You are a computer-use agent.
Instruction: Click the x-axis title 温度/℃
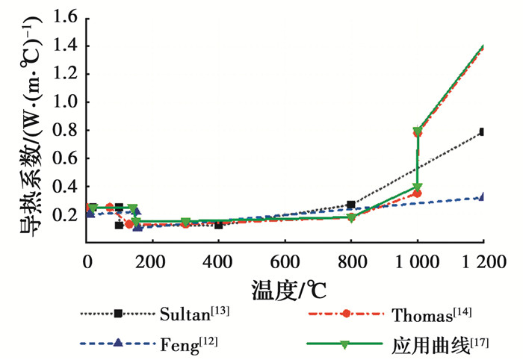tap(284, 286)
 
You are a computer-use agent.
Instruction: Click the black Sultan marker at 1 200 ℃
tap(483, 132)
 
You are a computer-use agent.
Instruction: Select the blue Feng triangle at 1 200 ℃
tap(483, 197)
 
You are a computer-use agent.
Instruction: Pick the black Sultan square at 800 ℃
tap(351, 205)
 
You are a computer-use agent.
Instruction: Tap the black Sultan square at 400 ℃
tap(219, 225)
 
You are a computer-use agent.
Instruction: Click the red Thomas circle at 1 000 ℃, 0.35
tap(418, 193)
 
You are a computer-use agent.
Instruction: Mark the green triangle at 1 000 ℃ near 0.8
tap(418, 131)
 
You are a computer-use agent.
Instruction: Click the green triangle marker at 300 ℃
tap(185, 222)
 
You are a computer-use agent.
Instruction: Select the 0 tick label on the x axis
tap(87, 261)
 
